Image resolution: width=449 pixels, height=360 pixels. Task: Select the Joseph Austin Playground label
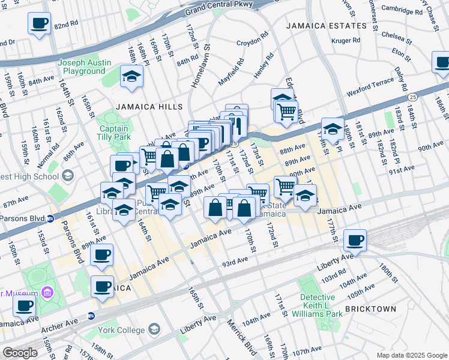[85, 67]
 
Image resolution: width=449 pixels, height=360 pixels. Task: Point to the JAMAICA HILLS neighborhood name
[149, 106]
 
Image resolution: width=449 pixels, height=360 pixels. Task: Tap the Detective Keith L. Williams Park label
[318, 305]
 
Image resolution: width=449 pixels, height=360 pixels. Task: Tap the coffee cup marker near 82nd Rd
[40, 24]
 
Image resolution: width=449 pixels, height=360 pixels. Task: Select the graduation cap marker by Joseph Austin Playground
[131, 77]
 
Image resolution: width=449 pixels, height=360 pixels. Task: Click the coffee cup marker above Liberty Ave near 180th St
[355, 240]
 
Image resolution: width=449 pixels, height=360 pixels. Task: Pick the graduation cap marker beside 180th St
[333, 128]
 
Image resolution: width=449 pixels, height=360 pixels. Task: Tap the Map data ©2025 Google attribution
[412, 355]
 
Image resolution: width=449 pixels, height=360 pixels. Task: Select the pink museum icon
[47, 293]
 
